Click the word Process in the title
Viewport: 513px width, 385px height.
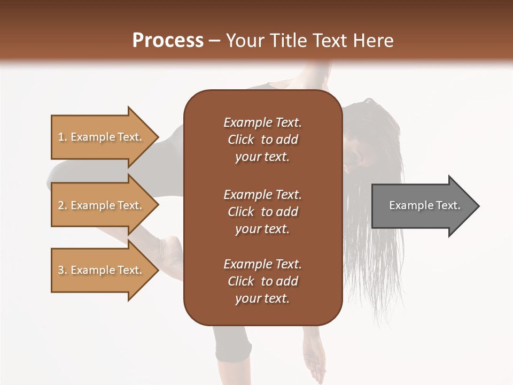coord(168,41)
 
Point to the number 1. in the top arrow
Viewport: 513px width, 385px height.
coord(63,137)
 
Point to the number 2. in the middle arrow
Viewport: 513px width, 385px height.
coord(63,206)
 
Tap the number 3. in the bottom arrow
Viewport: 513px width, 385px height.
coord(63,270)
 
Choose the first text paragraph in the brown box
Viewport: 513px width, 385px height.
coord(262,140)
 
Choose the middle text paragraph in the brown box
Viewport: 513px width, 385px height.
coord(262,212)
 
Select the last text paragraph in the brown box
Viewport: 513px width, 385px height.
coord(262,281)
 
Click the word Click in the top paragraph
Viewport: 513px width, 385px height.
coord(241,140)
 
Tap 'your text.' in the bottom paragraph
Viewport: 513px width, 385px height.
coord(262,298)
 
